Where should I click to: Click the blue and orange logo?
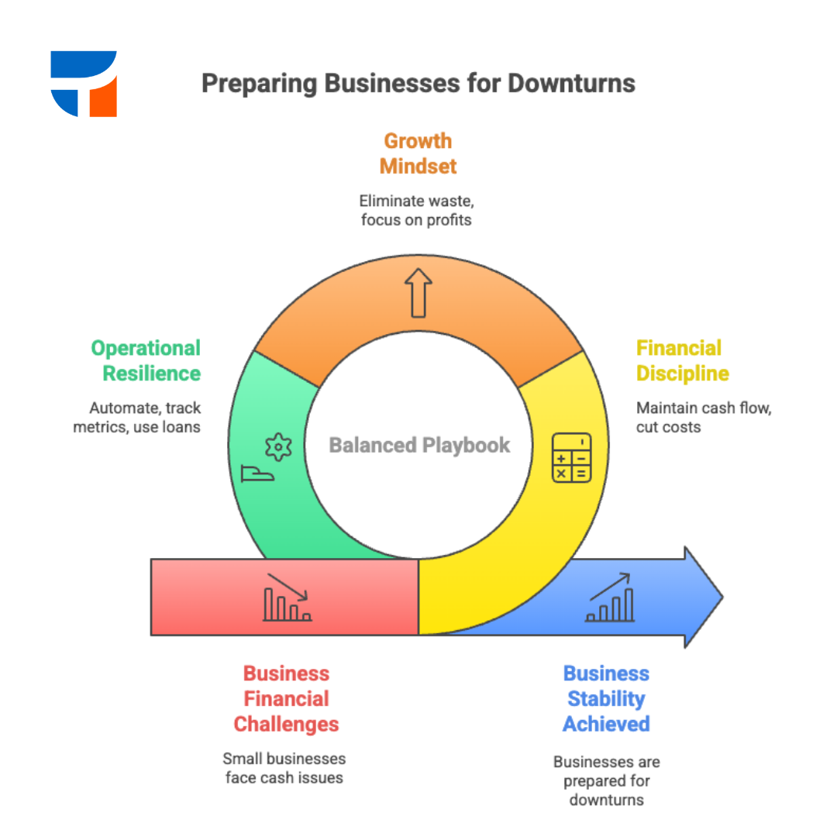point(84,84)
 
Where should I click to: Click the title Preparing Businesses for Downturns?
point(418,84)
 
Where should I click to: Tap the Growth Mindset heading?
point(418,153)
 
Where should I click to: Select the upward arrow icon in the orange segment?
point(418,293)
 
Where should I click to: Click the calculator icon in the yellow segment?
point(571,458)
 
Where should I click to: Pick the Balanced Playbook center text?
point(419,445)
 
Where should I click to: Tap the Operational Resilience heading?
point(146,360)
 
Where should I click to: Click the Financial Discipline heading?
point(682,360)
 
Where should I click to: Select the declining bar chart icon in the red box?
point(287,598)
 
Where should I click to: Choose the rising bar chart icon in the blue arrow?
point(610,598)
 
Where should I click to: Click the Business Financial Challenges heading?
point(287,698)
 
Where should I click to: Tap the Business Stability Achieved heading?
point(606,698)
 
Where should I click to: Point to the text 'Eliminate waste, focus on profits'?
point(417,211)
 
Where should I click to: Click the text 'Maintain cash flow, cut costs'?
point(703,417)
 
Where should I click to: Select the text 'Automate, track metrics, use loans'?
point(136,417)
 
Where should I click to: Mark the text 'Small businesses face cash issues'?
point(284,767)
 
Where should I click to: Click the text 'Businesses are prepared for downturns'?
point(606,781)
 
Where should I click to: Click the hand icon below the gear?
point(257,474)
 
